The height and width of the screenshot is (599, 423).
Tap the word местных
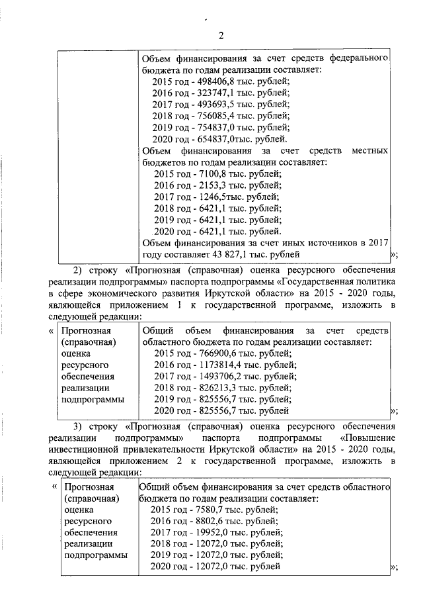371,151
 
